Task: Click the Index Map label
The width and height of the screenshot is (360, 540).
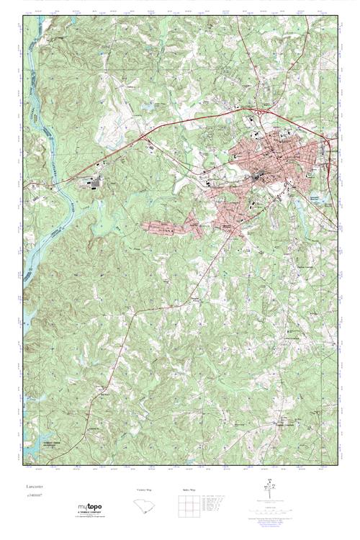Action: [189, 490]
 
